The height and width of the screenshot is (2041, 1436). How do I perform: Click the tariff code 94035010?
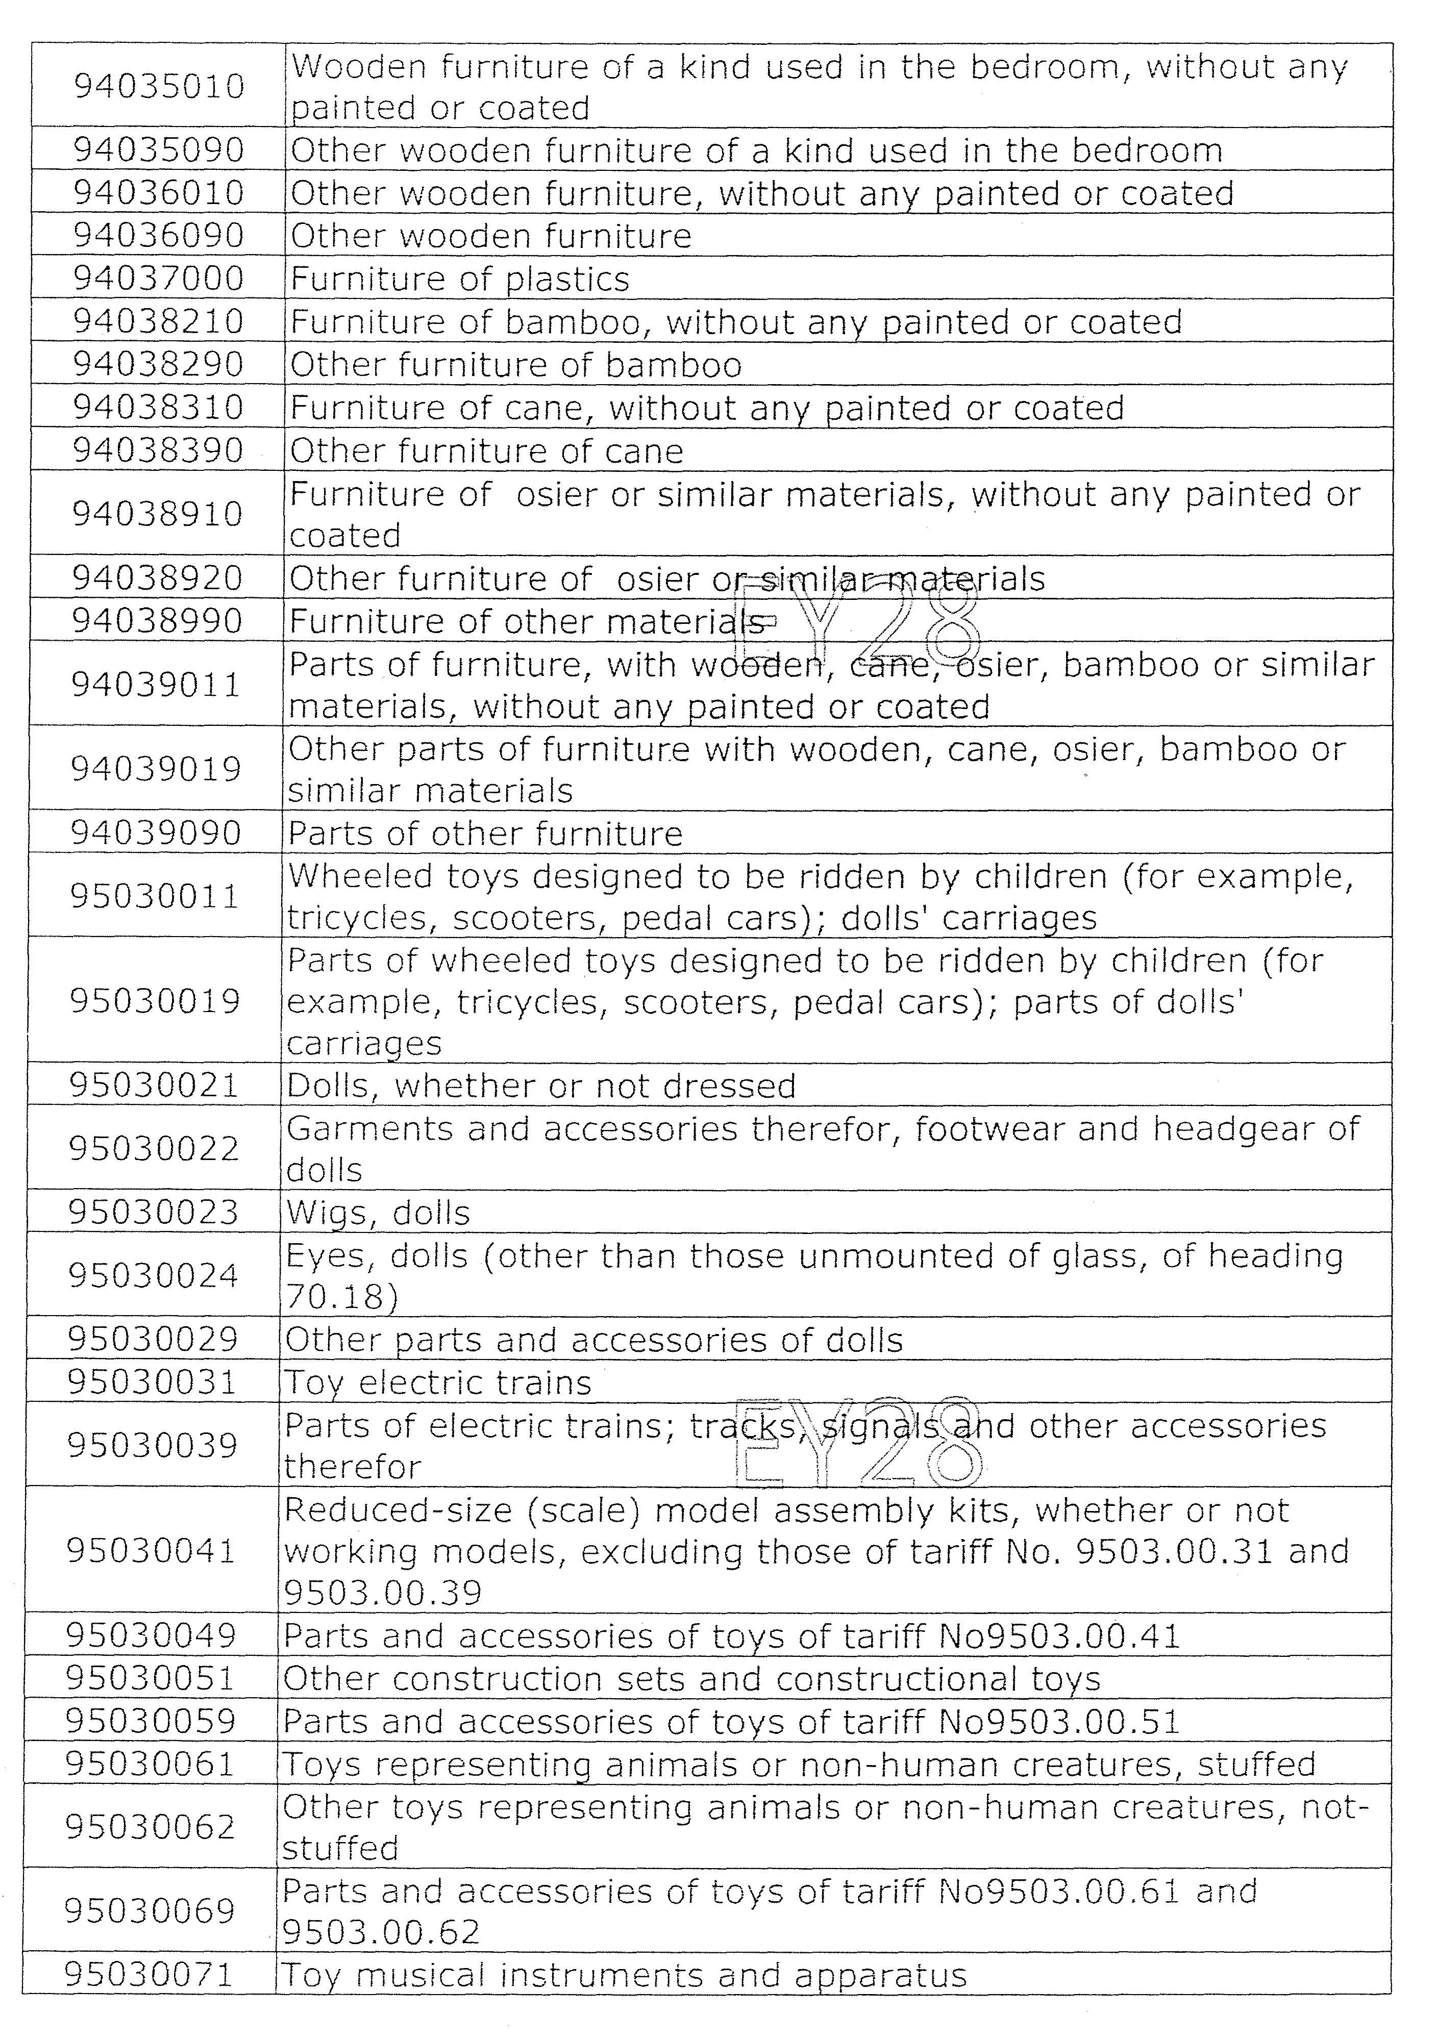[x=158, y=86]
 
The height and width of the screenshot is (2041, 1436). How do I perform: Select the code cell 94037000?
[x=158, y=278]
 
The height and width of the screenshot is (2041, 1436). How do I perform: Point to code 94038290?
[x=158, y=364]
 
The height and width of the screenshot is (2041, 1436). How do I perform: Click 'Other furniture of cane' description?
[x=486, y=450]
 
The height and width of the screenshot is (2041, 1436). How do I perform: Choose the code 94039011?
[x=157, y=685]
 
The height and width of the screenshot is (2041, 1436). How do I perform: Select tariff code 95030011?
[x=156, y=896]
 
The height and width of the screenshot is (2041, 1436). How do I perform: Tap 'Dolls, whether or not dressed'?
[x=540, y=1086]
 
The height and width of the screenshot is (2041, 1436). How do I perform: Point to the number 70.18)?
[x=341, y=1297]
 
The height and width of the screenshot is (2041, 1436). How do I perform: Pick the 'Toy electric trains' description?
[x=437, y=1382]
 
